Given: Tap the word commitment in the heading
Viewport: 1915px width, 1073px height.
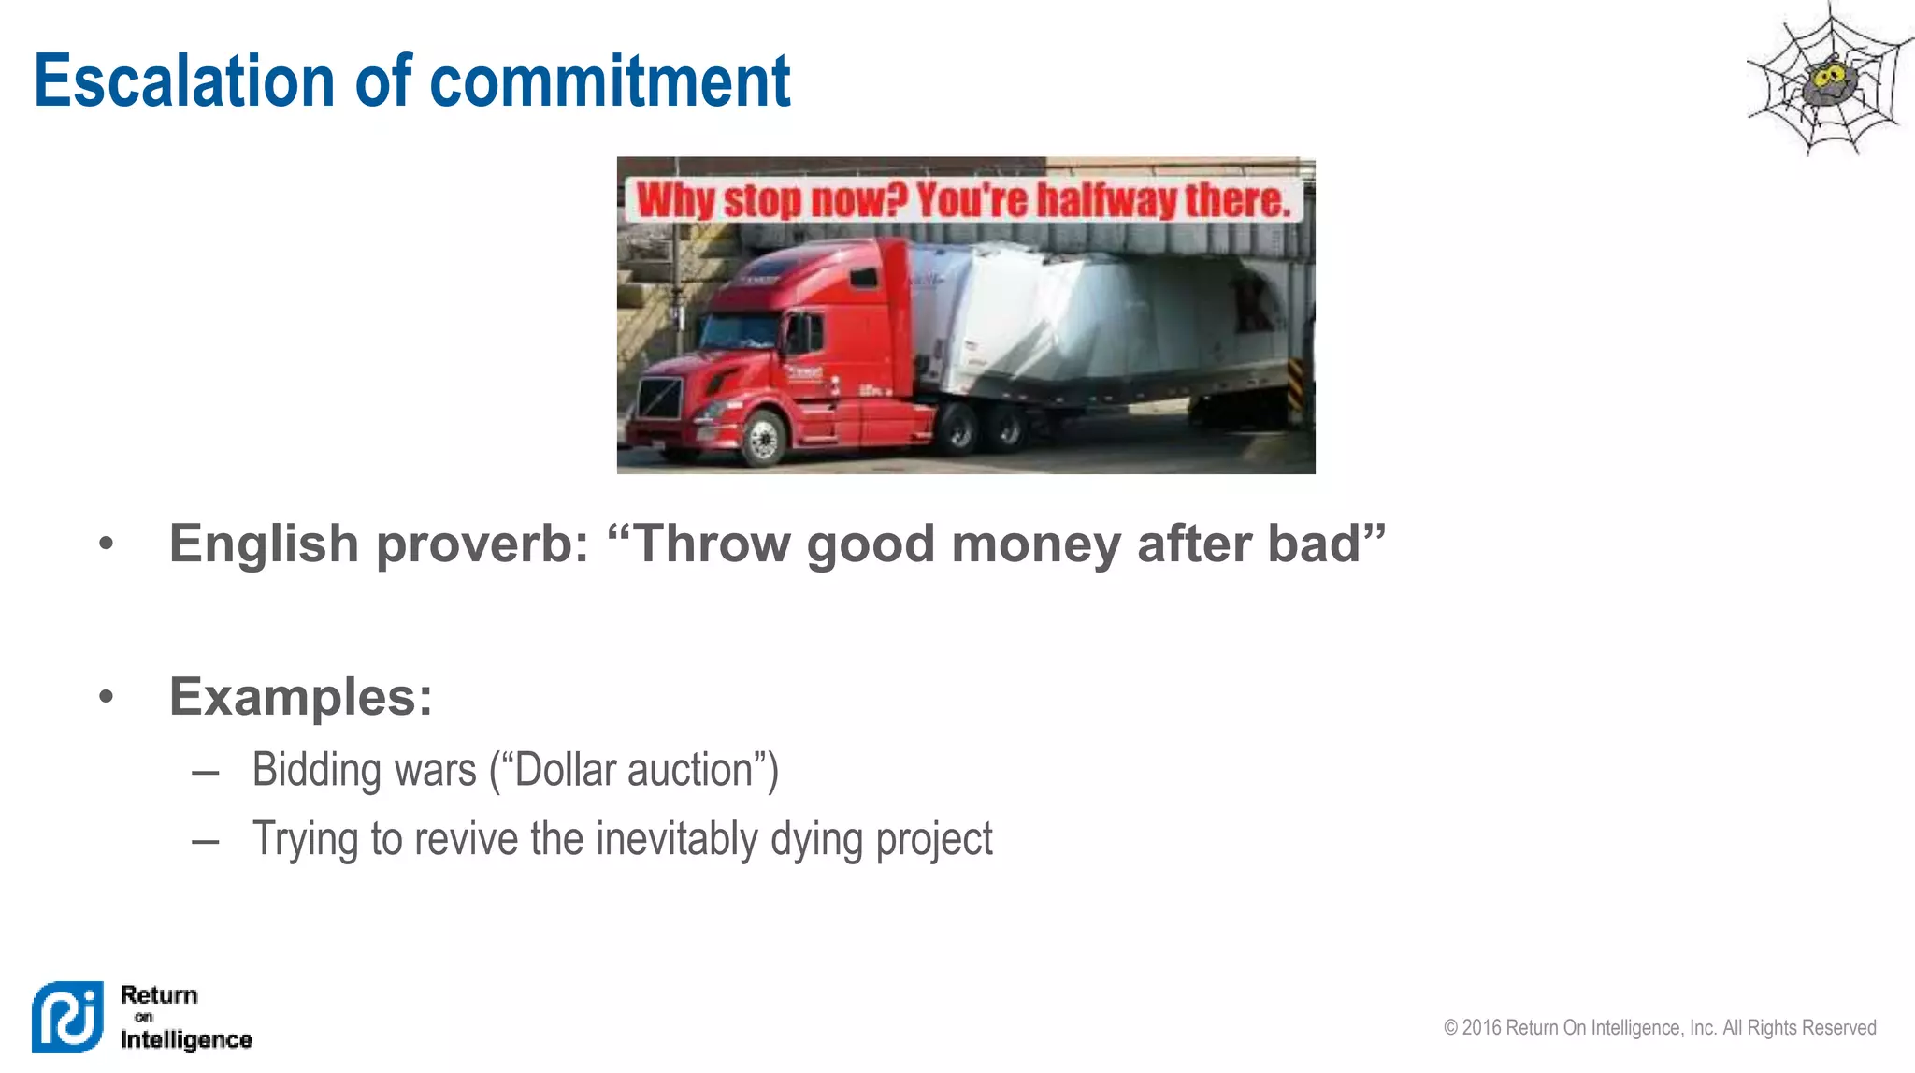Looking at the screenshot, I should pos(610,81).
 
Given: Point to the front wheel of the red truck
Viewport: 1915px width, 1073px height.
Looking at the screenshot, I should pos(763,438).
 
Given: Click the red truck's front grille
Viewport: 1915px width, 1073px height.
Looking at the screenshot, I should pos(660,399).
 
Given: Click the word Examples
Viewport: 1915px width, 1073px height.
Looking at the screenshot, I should pos(300,697).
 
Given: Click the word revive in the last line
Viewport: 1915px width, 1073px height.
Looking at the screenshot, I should pos(463,839).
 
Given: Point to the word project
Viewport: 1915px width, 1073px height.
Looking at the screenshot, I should pos(933,839).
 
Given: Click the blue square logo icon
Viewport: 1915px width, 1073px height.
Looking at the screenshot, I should pos(67,1017).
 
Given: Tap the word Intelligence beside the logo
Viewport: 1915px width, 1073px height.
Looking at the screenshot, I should pos(186,1039).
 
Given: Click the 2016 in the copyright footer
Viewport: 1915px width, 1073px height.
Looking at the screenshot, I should pos(1481,1028).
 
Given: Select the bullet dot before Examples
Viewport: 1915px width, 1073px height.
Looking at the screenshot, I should pos(107,697).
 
